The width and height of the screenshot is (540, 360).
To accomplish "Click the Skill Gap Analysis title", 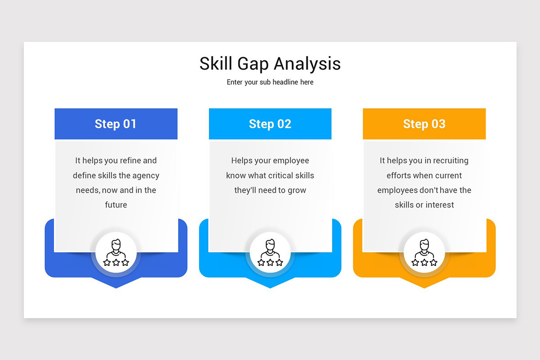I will click(270, 63).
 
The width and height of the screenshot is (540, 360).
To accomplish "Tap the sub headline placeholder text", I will click(270, 82).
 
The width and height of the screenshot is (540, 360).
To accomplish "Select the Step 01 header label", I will click(116, 124).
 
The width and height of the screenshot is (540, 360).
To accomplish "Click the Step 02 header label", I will click(270, 124).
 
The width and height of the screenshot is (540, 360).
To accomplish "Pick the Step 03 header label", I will click(424, 124).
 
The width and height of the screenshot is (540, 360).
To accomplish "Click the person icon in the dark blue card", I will click(116, 252).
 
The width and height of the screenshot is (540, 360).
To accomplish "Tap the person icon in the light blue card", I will click(270, 252).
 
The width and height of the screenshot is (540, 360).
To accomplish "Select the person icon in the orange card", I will click(424, 252).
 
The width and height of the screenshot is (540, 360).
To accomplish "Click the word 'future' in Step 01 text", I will click(116, 205).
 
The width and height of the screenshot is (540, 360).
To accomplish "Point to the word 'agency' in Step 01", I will click(146, 175).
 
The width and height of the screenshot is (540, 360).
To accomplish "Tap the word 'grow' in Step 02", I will click(297, 190).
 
